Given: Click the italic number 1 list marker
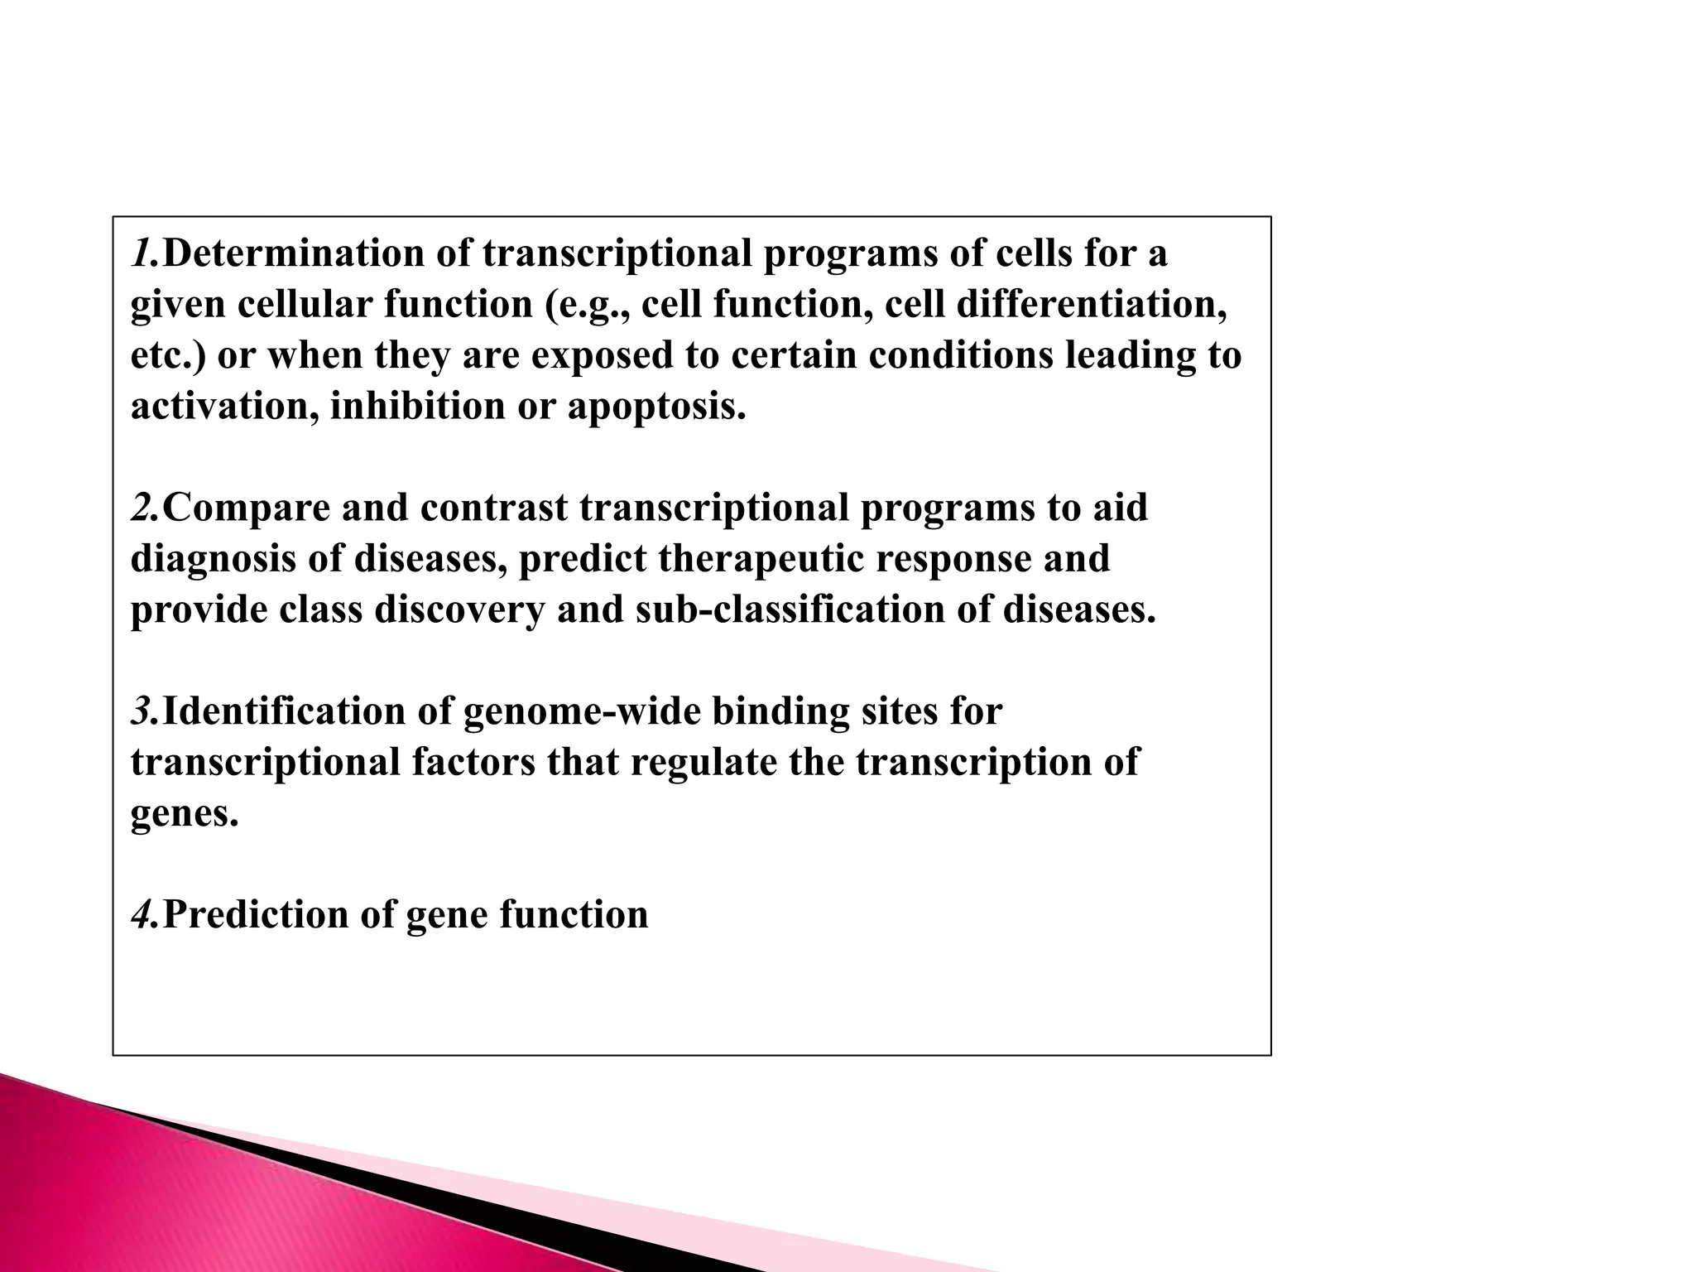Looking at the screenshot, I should (142, 253).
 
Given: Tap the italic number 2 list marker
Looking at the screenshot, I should (144, 508).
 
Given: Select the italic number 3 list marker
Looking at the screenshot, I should (144, 711).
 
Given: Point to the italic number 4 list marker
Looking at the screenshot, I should (144, 915).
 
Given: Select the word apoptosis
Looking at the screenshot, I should (655, 407).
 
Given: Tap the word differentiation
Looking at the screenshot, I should (1091, 305).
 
